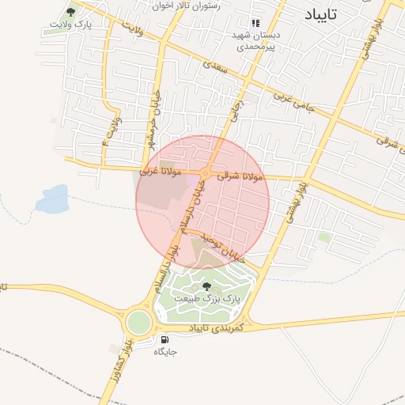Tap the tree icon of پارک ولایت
71,12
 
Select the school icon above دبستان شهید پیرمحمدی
255,24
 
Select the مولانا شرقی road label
238,174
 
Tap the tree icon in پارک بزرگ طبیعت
206,286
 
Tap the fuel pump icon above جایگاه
164,339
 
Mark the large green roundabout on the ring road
138,322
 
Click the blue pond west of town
51,197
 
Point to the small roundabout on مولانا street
205,172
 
